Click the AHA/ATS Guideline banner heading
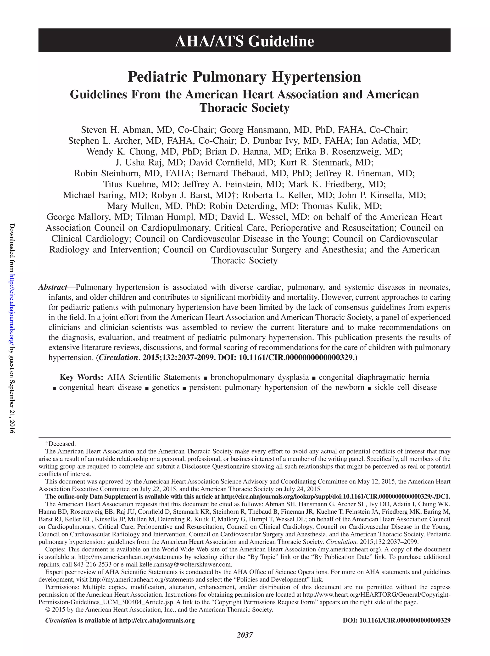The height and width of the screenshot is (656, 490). pyautogui.click(x=244, y=41)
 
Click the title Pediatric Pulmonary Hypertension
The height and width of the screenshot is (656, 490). pyautogui.click(x=244, y=77)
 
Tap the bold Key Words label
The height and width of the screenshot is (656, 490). pyautogui.click(x=81, y=377)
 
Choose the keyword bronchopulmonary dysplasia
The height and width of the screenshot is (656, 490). pyautogui.click(x=260, y=377)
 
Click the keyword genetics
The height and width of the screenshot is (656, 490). pyautogui.click(x=165, y=387)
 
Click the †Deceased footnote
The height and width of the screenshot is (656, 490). pyautogui.click(x=61, y=444)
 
